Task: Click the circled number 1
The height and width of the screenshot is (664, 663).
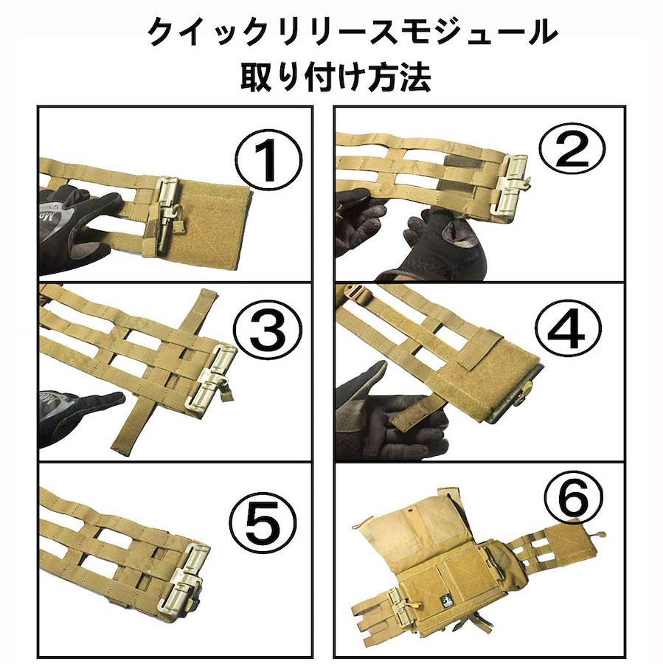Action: coord(268,162)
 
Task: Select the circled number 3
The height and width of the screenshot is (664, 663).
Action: coord(268,330)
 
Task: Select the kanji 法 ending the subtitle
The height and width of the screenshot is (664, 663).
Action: coord(415,76)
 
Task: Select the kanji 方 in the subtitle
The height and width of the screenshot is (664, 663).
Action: coord(378,76)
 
